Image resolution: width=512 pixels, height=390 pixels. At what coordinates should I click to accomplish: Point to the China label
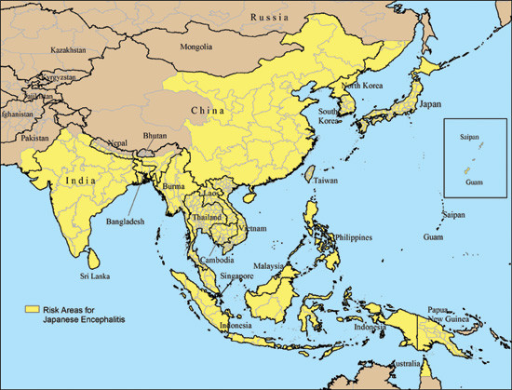(x=207, y=112)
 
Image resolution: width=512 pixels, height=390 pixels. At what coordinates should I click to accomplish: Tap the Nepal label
(x=117, y=143)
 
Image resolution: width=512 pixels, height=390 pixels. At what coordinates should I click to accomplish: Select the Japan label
(x=429, y=105)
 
